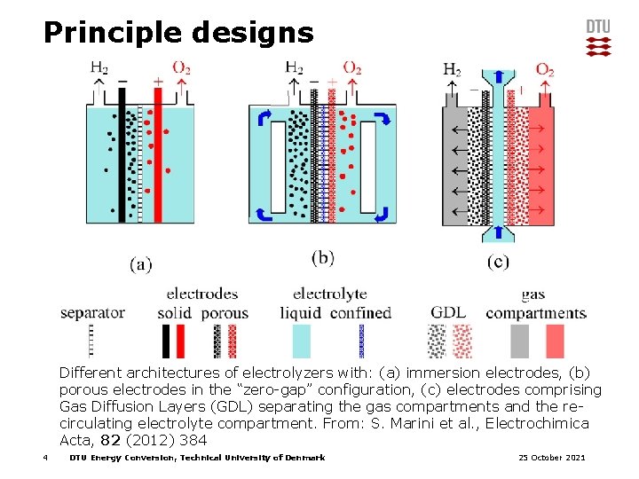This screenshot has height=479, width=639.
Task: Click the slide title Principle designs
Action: [x=178, y=33]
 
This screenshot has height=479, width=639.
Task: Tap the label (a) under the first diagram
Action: [x=141, y=263]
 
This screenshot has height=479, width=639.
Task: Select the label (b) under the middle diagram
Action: [x=323, y=257]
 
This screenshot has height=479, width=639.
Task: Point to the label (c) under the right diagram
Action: [x=499, y=262]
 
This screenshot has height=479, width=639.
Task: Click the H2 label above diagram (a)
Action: [x=100, y=67]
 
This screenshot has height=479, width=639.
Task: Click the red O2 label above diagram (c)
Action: [x=545, y=69]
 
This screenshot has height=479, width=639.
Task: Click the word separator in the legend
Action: [x=92, y=312]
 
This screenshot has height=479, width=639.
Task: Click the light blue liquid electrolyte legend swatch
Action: [x=302, y=341]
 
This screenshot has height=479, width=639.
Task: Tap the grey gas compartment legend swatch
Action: [x=520, y=341]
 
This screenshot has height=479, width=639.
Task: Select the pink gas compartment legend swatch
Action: [x=555, y=341]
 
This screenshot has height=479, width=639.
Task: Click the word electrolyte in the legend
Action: [x=329, y=294]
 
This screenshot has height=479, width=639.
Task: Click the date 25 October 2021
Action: [x=551, y=458]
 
